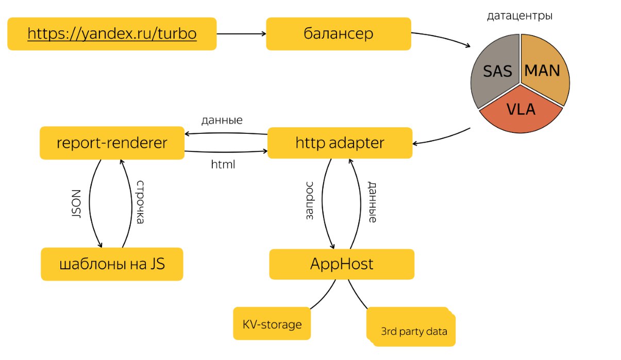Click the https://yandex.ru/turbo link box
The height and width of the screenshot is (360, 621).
tap(112, 34)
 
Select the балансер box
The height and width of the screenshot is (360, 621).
tap(339, 34)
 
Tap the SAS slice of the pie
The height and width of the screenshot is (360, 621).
tap(495, 71)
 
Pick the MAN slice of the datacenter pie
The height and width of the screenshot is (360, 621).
tap(543, 70)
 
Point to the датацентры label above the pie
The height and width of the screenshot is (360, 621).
tap(519, 16)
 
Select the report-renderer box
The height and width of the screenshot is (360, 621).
tap(112, 143)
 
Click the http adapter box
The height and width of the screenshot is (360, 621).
tap(340, 143)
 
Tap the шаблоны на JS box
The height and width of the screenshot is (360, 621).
tap(112, 264)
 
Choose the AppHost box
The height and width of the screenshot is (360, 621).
tap(342, 264)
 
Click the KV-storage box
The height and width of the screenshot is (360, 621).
tap(272, 323)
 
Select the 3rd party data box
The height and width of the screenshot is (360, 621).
tap(411, 327)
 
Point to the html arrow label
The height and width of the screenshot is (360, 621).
tap(223, 164)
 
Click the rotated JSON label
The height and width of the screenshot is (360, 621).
tap(76, 204)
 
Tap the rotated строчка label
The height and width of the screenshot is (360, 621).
tap(140, 202)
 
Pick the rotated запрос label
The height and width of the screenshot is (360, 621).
tap(309, 201)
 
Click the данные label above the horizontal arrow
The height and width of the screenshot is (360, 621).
tap(222, 121)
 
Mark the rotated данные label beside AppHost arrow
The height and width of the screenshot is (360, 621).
tap(372, 202)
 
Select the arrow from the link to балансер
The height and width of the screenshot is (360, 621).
tap(241, 34)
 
